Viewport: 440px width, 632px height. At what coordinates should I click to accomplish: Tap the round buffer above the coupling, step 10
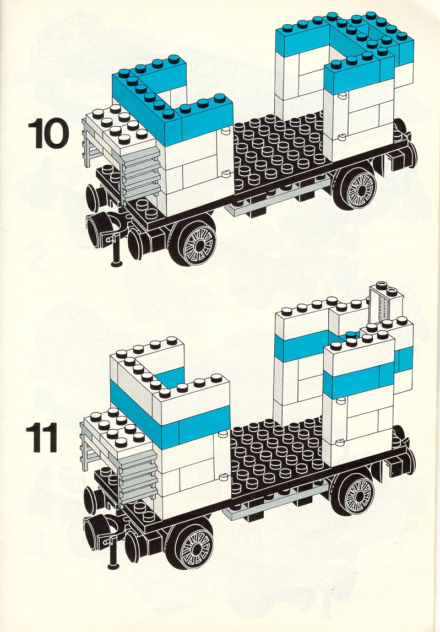[95, 197]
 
